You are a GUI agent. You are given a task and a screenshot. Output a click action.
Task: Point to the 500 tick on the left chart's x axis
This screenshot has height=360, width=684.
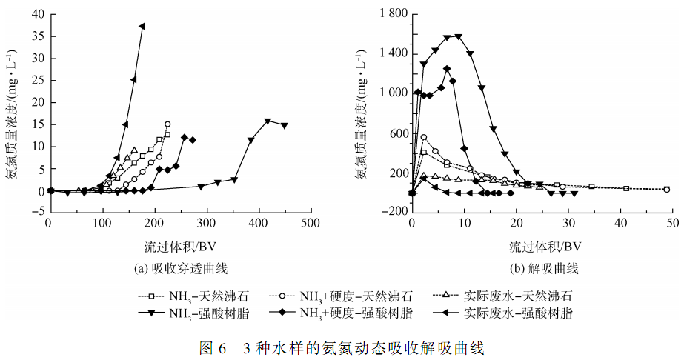point(311,222)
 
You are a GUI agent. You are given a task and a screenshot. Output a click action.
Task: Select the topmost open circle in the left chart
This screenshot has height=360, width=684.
point(167,124)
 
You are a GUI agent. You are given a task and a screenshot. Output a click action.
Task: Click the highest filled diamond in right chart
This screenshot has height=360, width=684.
point(447,69)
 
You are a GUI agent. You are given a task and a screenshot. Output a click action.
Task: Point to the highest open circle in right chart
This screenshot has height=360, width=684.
point(424,137)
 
